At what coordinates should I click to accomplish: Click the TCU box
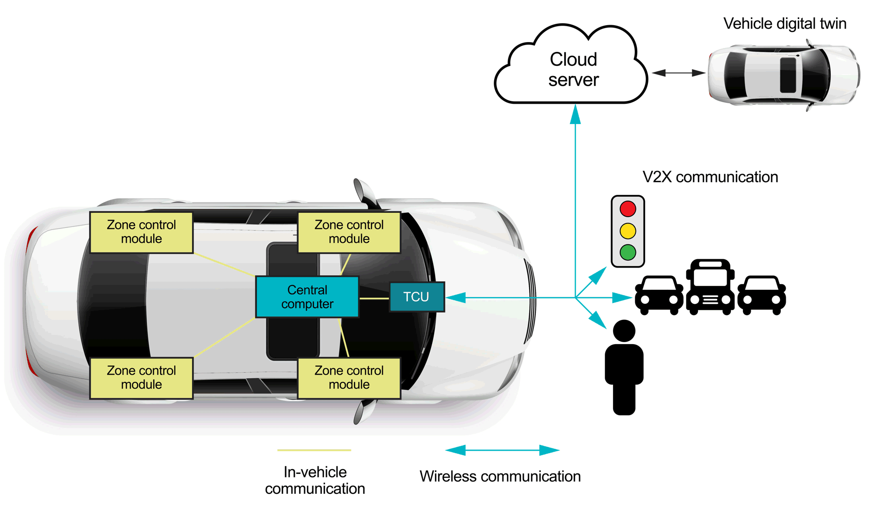417,297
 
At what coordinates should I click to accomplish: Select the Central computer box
307,297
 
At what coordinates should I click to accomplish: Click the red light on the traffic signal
628,209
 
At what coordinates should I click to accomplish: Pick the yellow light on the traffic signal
628,231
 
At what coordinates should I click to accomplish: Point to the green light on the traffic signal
628,252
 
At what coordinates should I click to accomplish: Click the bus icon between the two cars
710,287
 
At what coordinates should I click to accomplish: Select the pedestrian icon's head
624,331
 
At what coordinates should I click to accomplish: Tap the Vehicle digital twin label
784,24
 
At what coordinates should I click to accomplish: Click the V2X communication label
710,177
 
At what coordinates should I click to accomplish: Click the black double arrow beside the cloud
678,73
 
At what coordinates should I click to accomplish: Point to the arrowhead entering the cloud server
575,115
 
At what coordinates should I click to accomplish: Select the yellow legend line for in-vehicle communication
314,450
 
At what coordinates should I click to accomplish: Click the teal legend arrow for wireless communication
502,450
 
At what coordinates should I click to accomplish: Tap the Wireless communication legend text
500,476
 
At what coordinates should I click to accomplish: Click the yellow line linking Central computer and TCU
374,298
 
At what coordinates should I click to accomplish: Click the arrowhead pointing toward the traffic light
598,275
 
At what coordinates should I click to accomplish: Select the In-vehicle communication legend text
315,480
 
